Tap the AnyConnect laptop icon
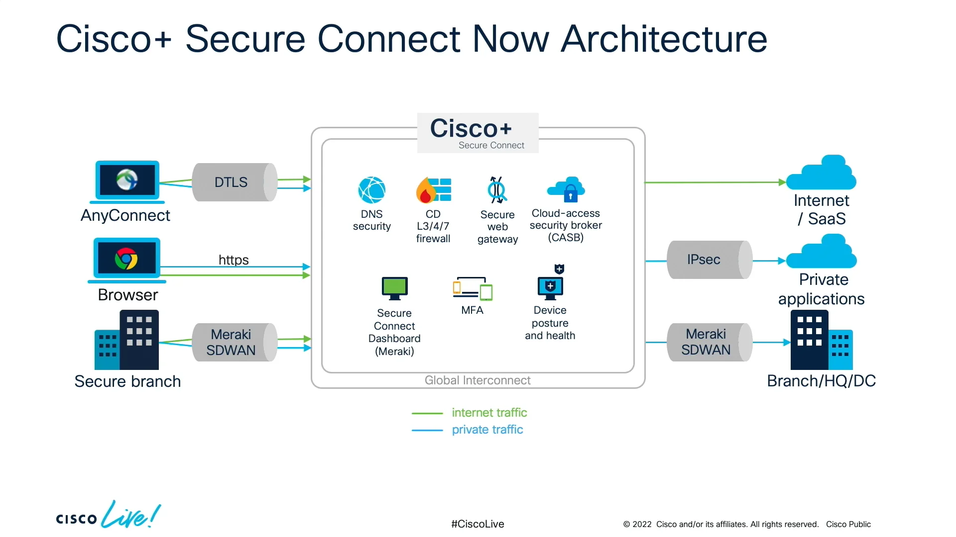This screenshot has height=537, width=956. (127, 181)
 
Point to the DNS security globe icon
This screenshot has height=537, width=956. (371, 190)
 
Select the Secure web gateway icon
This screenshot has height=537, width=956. (497, 190)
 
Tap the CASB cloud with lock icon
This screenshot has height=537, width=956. (566, 189)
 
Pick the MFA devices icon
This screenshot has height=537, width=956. (472, 288)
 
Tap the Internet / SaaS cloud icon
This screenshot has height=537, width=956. (822, 174)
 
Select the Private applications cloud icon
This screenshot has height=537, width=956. (822, 253)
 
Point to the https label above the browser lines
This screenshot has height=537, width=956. (234, 260)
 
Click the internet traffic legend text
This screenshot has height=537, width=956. (489, 413)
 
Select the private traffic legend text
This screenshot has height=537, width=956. (487, 430)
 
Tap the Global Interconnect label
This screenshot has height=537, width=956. (477, 380)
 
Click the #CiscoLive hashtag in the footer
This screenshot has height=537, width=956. (478, 524)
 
